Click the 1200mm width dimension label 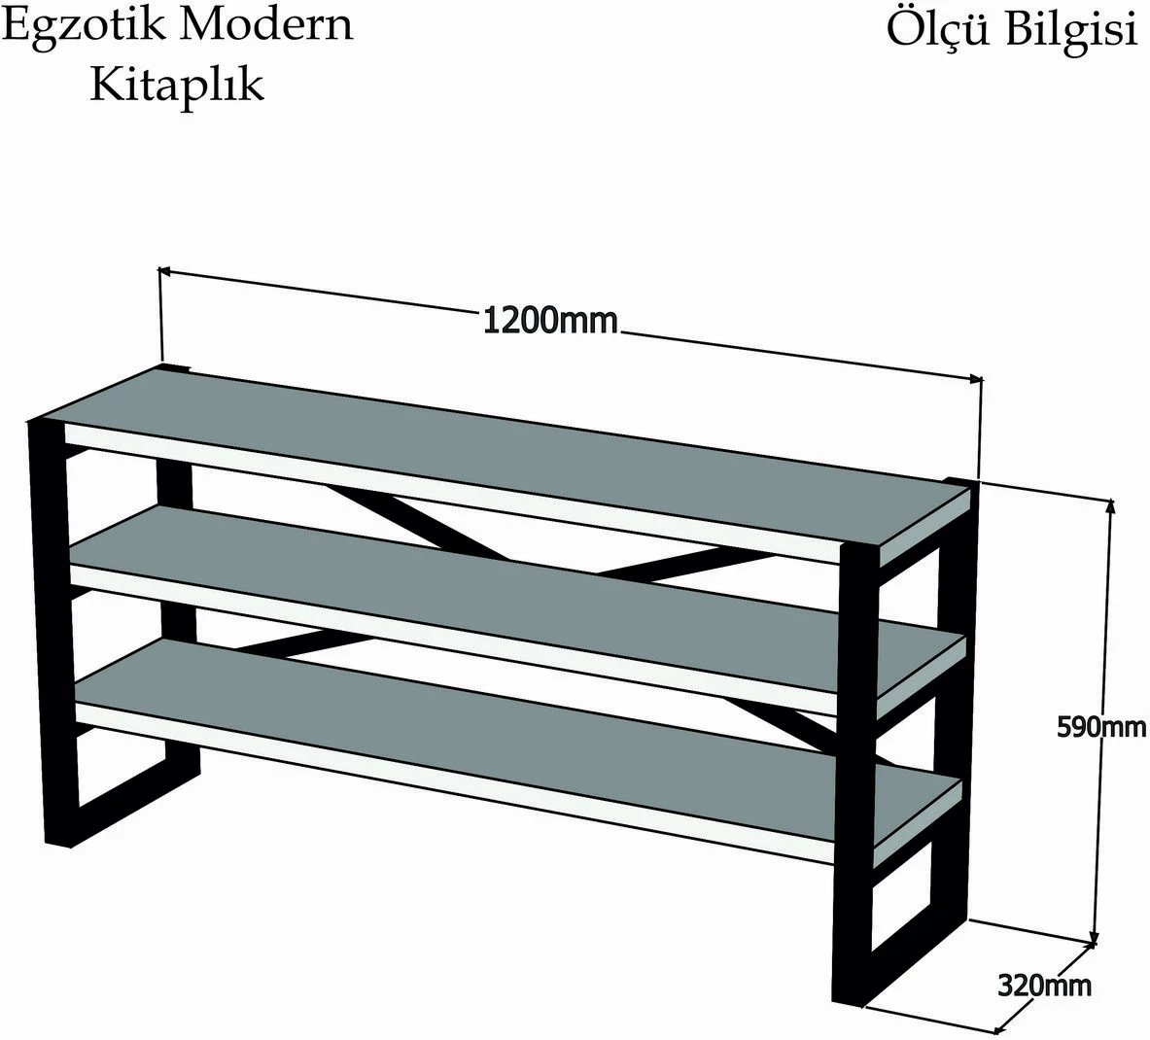tap(550, 321)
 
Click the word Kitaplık tap(177, 85)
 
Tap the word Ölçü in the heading tap(936, 29)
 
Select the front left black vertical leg tap(47, 632)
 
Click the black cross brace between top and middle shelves tap(661, 565)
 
